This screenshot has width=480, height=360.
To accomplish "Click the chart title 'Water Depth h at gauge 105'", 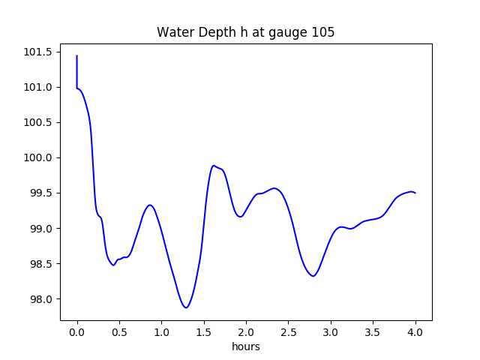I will pos(244,33).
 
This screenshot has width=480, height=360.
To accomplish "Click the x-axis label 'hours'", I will pos(245,347).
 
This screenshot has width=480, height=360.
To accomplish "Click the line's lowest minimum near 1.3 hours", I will pos(186,307).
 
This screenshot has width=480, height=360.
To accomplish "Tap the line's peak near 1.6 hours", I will pos(214,166).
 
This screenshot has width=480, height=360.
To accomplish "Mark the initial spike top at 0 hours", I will pos(76,55).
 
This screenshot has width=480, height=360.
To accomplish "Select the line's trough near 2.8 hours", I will pos(313,276).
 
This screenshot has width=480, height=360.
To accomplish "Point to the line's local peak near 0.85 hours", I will pos(150,205).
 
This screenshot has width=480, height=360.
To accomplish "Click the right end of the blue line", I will pos(415,193).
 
